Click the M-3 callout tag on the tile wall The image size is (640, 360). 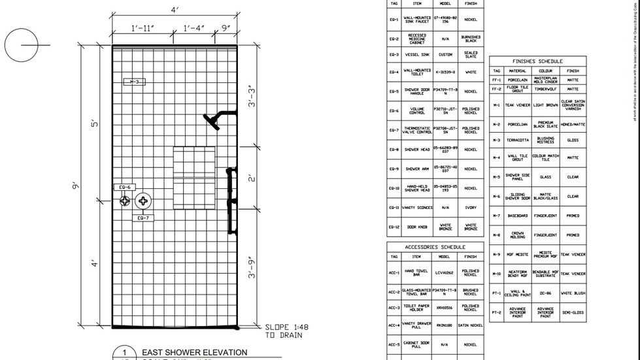coord(135,82)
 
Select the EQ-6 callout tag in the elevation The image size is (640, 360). coord(124,187)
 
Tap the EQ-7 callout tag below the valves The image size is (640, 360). coord(144,218)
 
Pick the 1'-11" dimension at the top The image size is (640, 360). coord(142,28)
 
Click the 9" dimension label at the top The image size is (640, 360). coord(226,28)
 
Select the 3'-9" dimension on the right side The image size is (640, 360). coord(252,268)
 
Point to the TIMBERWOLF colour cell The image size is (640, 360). coord(545,89)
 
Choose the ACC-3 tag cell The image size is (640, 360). coord(394,308)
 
